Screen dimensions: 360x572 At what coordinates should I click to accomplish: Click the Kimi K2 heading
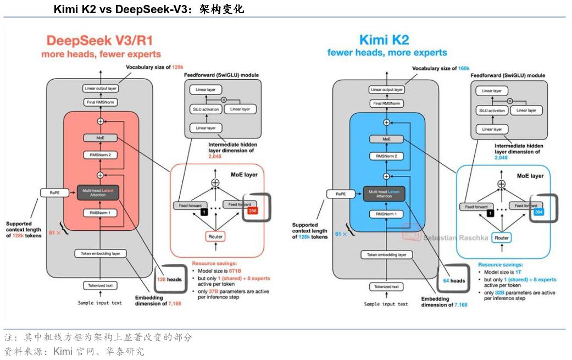(x=384, y=40)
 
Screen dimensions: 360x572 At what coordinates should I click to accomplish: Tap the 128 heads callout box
(x=169, y=280)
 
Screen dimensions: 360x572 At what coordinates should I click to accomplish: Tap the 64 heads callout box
(x=454, y=281)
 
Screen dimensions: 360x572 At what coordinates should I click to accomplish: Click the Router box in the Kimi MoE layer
(x=501, y=238)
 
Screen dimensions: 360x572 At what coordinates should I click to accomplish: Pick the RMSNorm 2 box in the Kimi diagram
(x=387, y=156)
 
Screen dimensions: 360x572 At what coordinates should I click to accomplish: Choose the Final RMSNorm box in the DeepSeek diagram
(x=101, y=102)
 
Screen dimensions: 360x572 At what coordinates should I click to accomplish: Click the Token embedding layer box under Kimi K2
(x=387, y=255)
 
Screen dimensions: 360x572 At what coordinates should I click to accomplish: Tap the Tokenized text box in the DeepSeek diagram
(x=101, y=286)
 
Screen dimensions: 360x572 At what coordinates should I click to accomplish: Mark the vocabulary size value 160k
(x=464, y=68)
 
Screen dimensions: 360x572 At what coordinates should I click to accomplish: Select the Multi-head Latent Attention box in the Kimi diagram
(x=384, y=193)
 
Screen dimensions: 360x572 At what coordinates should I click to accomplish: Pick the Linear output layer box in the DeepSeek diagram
(x=101, y=88)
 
